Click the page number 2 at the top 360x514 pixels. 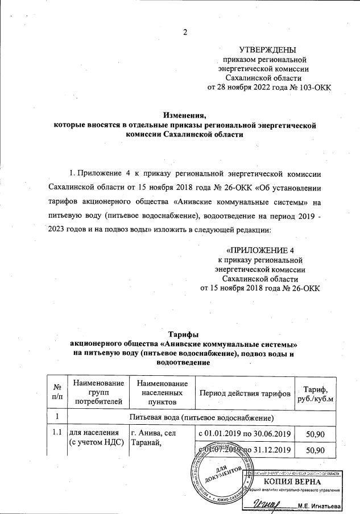point(185,31)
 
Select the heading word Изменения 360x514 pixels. point(184,115)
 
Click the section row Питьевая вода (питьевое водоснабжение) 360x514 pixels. point(202,418)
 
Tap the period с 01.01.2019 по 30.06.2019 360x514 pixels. point(245,434)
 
